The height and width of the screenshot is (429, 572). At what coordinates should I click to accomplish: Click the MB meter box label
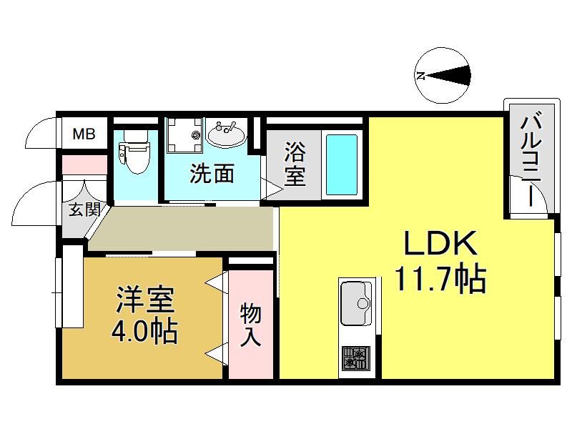pyautogui.click(x=84, y=134)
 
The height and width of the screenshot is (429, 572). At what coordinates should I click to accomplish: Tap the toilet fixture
pyautogui.click(x=134, y=152)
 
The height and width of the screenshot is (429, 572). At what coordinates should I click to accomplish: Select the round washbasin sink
pyautogui.click(x=226, y=134)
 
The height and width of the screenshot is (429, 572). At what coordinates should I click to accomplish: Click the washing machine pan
pyautogui.click(x=184, y=135)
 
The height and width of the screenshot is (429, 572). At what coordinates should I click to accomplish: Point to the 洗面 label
pyautogui.click(x=212, y=173)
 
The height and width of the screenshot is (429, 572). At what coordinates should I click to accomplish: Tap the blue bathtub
pyautogui.click(x=342, y=164)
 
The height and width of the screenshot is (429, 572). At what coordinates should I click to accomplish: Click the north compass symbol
pyautogui.click(x=443, y=76)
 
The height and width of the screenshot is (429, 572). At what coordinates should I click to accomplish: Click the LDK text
pyautogui.click(x=440, y=242)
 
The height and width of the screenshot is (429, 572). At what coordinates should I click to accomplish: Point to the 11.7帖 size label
pyautogui.click(x=440, y=279)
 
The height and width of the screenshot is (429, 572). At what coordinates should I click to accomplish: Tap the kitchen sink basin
pyautogui.click(x=355, y=303)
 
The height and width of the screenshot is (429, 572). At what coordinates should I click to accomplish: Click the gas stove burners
pyautogui.click(x=355, y=358)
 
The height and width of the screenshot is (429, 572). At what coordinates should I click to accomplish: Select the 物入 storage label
pyautogui.click(x=250, y=325)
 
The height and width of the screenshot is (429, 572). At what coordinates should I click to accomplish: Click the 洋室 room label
pyautogui.click(x=145, y=300)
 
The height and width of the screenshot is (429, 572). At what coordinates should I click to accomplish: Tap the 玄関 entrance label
pyautogui.click(x=84, y=209)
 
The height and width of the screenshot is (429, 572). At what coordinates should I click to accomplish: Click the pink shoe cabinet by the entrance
pyautogui.click(x=84, y=164)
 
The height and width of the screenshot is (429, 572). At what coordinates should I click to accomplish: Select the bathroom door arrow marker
pyautogui.click(x=272, y=189)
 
